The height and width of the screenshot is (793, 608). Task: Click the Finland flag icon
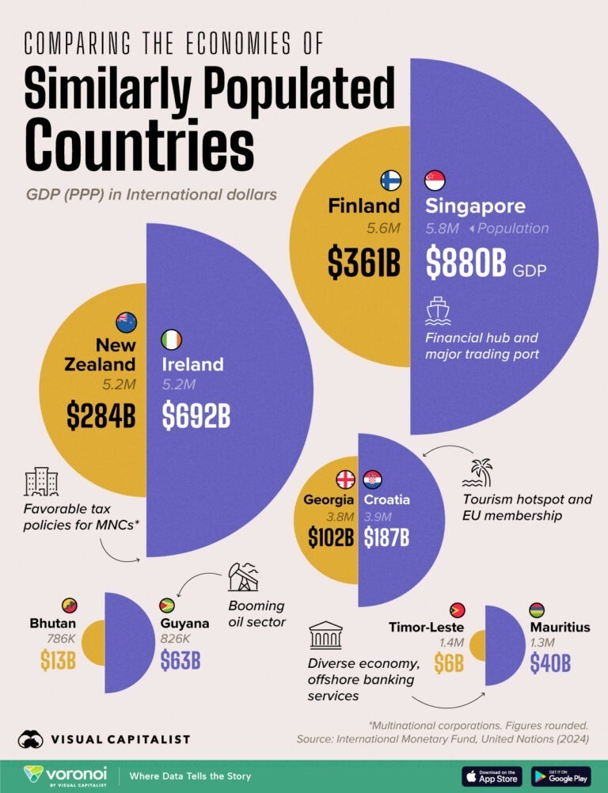(x=390, y=180)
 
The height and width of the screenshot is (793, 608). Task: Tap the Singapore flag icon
(x=435, y=180)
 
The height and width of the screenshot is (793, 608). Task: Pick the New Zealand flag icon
(x=126, y=321)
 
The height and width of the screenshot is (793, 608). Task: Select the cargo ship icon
(x=438, y=311)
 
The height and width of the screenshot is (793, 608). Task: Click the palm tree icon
(x=477, y=472)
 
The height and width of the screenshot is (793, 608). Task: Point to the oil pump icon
(x=243, y=578)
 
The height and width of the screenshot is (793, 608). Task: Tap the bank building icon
(x=325, y=635)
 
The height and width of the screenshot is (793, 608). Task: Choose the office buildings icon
(x=41, y=481)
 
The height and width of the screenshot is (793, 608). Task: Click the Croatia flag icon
(x=372, y=480)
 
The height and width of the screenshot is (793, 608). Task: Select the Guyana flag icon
(x=167, y=605)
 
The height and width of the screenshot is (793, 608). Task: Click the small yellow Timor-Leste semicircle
(x=478, y=646)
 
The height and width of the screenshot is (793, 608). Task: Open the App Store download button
(x=491, y=776)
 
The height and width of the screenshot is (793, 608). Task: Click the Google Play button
(x=561, y=776)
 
